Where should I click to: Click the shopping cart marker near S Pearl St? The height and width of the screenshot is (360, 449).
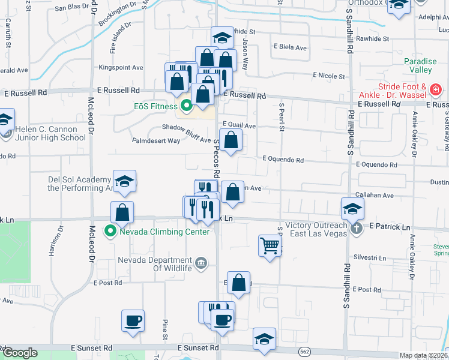(270, 245)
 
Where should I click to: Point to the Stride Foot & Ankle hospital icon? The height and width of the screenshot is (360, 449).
(436, 91)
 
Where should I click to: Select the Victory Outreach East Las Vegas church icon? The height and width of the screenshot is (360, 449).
(356, 228)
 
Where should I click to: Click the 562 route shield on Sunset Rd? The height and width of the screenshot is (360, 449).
(306, 350)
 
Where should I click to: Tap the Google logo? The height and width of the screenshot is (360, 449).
(20, 353)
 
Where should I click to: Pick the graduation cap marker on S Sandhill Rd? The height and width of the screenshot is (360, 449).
(352, 208)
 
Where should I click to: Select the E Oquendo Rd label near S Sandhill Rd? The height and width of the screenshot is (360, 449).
(376, 164)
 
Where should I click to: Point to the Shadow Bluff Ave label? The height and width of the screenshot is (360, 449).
(186, 127)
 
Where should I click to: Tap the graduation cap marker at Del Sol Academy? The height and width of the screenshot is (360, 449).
(124, 181)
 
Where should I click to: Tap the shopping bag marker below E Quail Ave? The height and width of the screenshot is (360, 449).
(231, 142)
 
